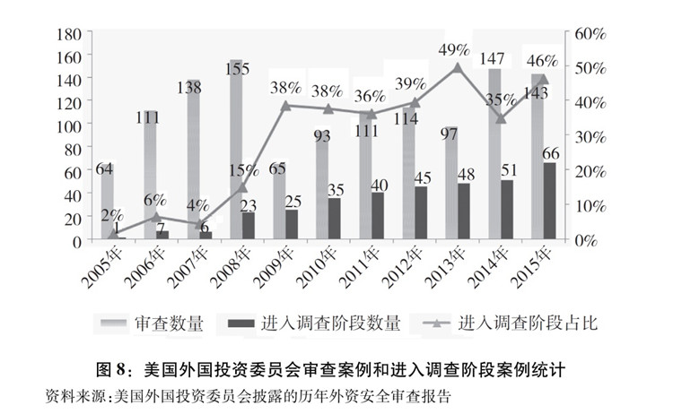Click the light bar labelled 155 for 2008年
pos(236,152)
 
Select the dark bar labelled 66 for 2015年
pos(549,202)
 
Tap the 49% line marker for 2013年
pos(459,67)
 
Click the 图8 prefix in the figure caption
pos(114,368)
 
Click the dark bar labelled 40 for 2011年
pos(377,217)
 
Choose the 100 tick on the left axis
pos(69,125)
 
